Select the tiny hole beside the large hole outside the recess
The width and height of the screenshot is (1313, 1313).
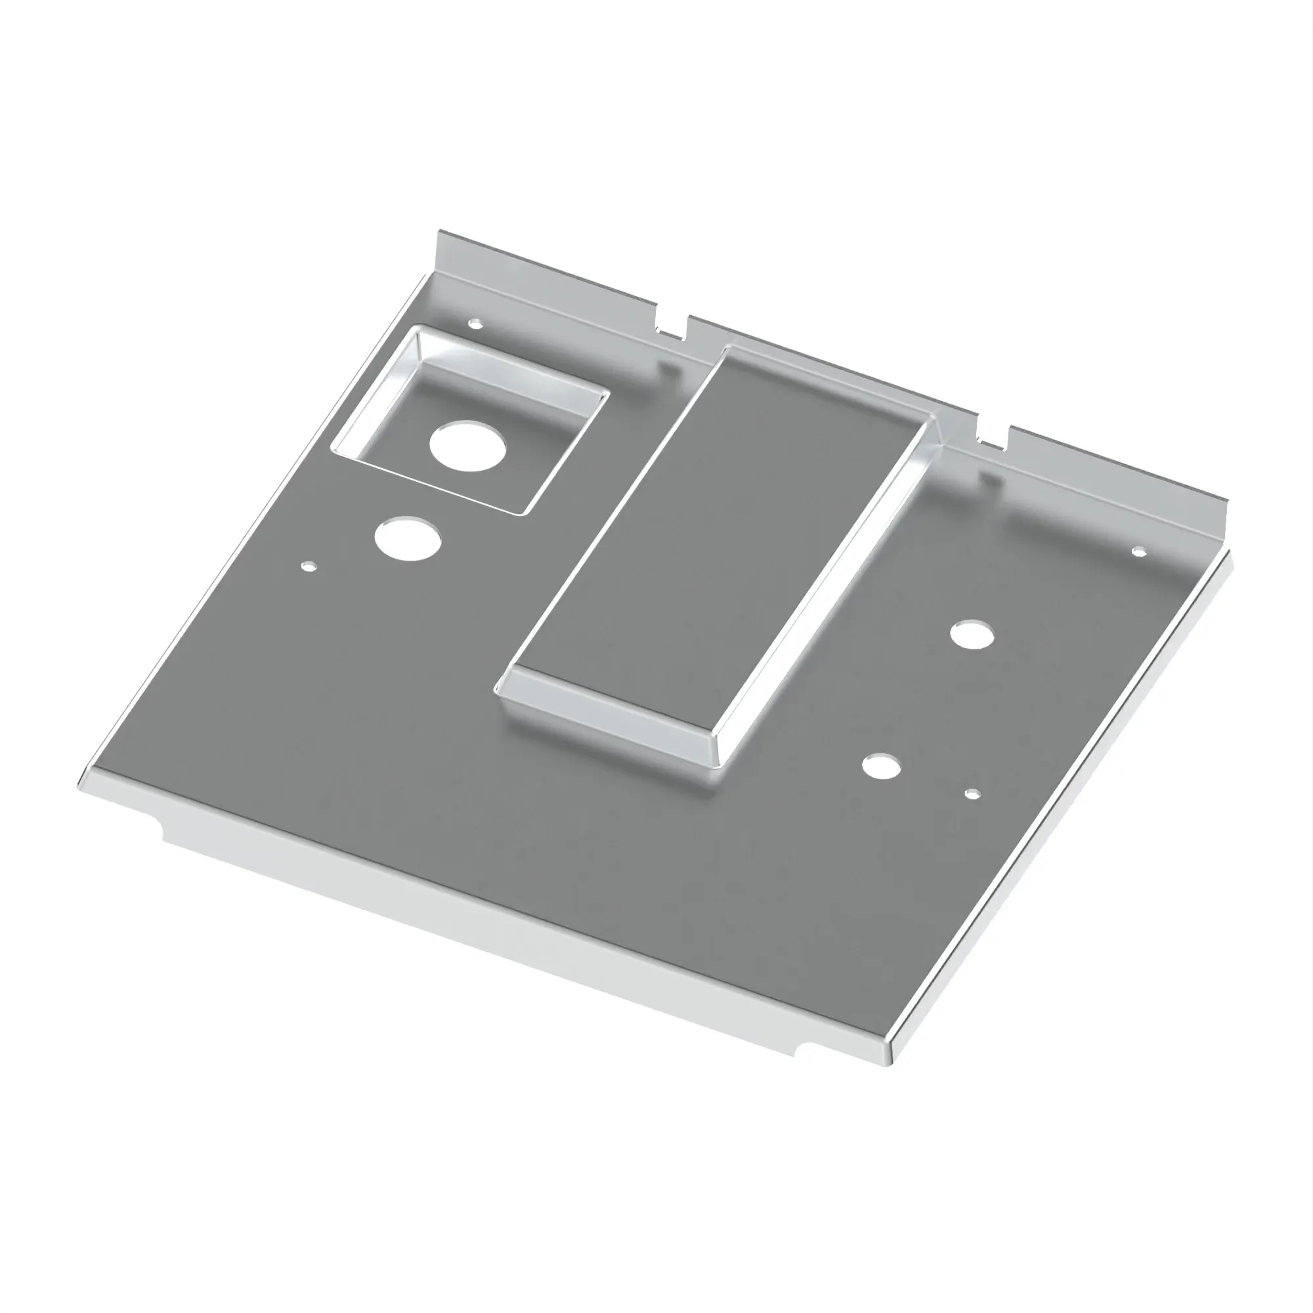(309, 565)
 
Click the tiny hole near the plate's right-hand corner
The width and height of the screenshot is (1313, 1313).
(1138, 551)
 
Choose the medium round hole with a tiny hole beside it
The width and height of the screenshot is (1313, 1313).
(882, 766)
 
